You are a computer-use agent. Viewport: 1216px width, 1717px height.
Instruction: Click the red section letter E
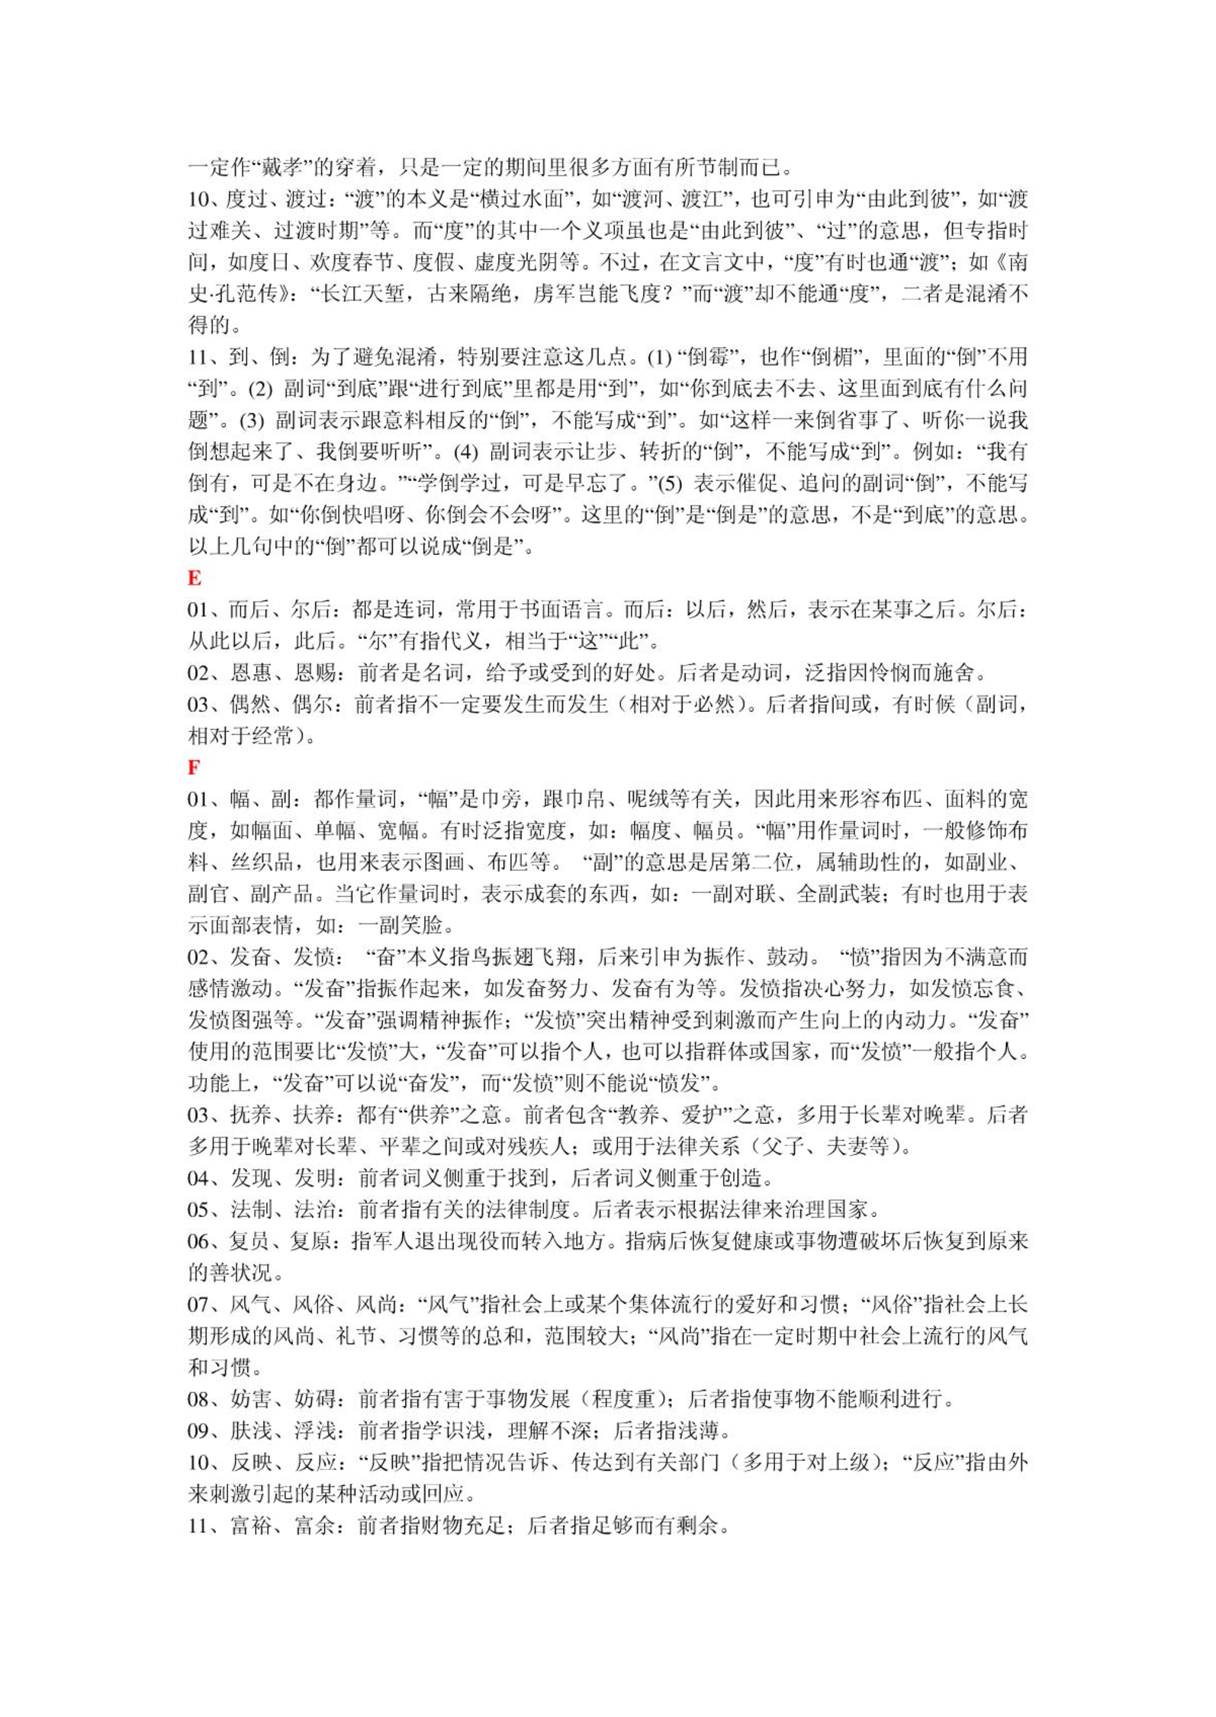coord(195,578)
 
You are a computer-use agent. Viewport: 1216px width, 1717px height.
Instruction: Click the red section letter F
coord(194,767)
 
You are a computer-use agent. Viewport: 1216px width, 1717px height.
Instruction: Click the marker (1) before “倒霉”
coord(659,357)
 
